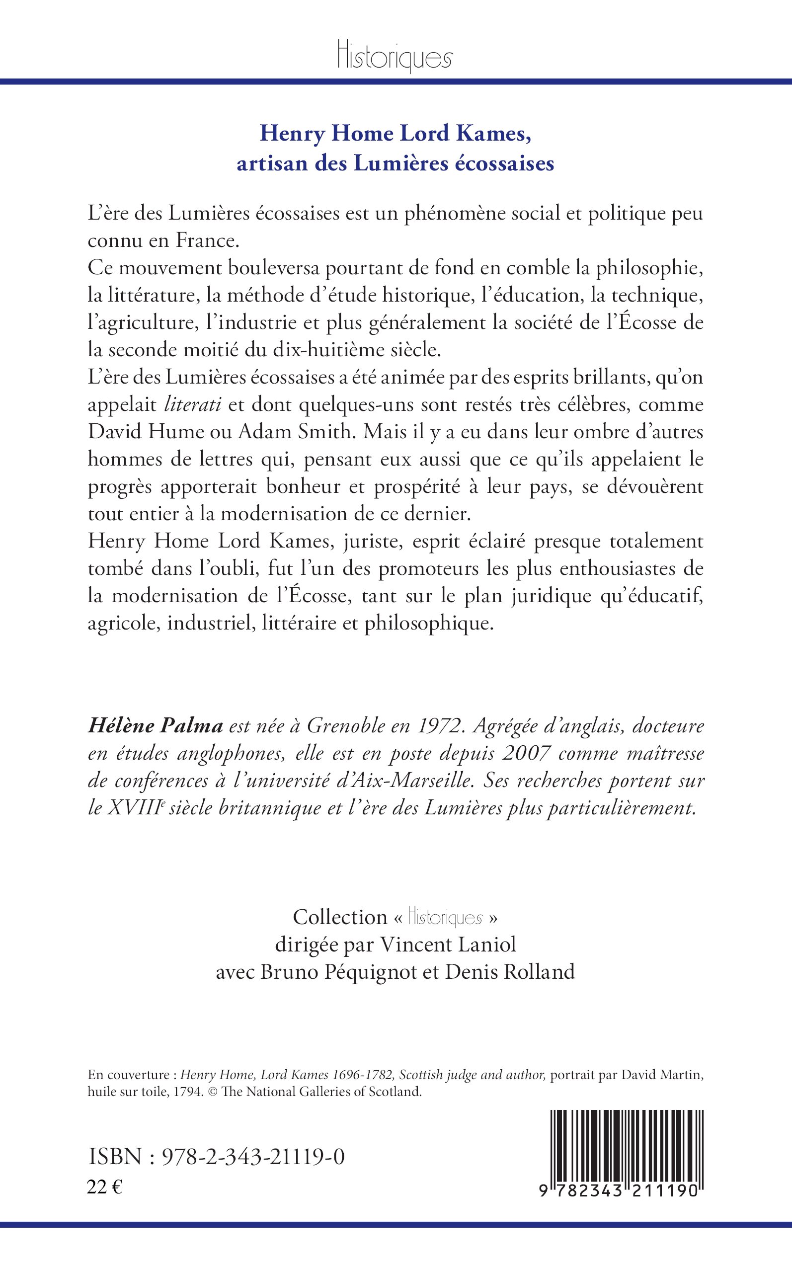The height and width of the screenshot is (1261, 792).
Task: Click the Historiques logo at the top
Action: coord(395,57)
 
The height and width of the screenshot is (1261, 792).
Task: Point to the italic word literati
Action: coord(193,405)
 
